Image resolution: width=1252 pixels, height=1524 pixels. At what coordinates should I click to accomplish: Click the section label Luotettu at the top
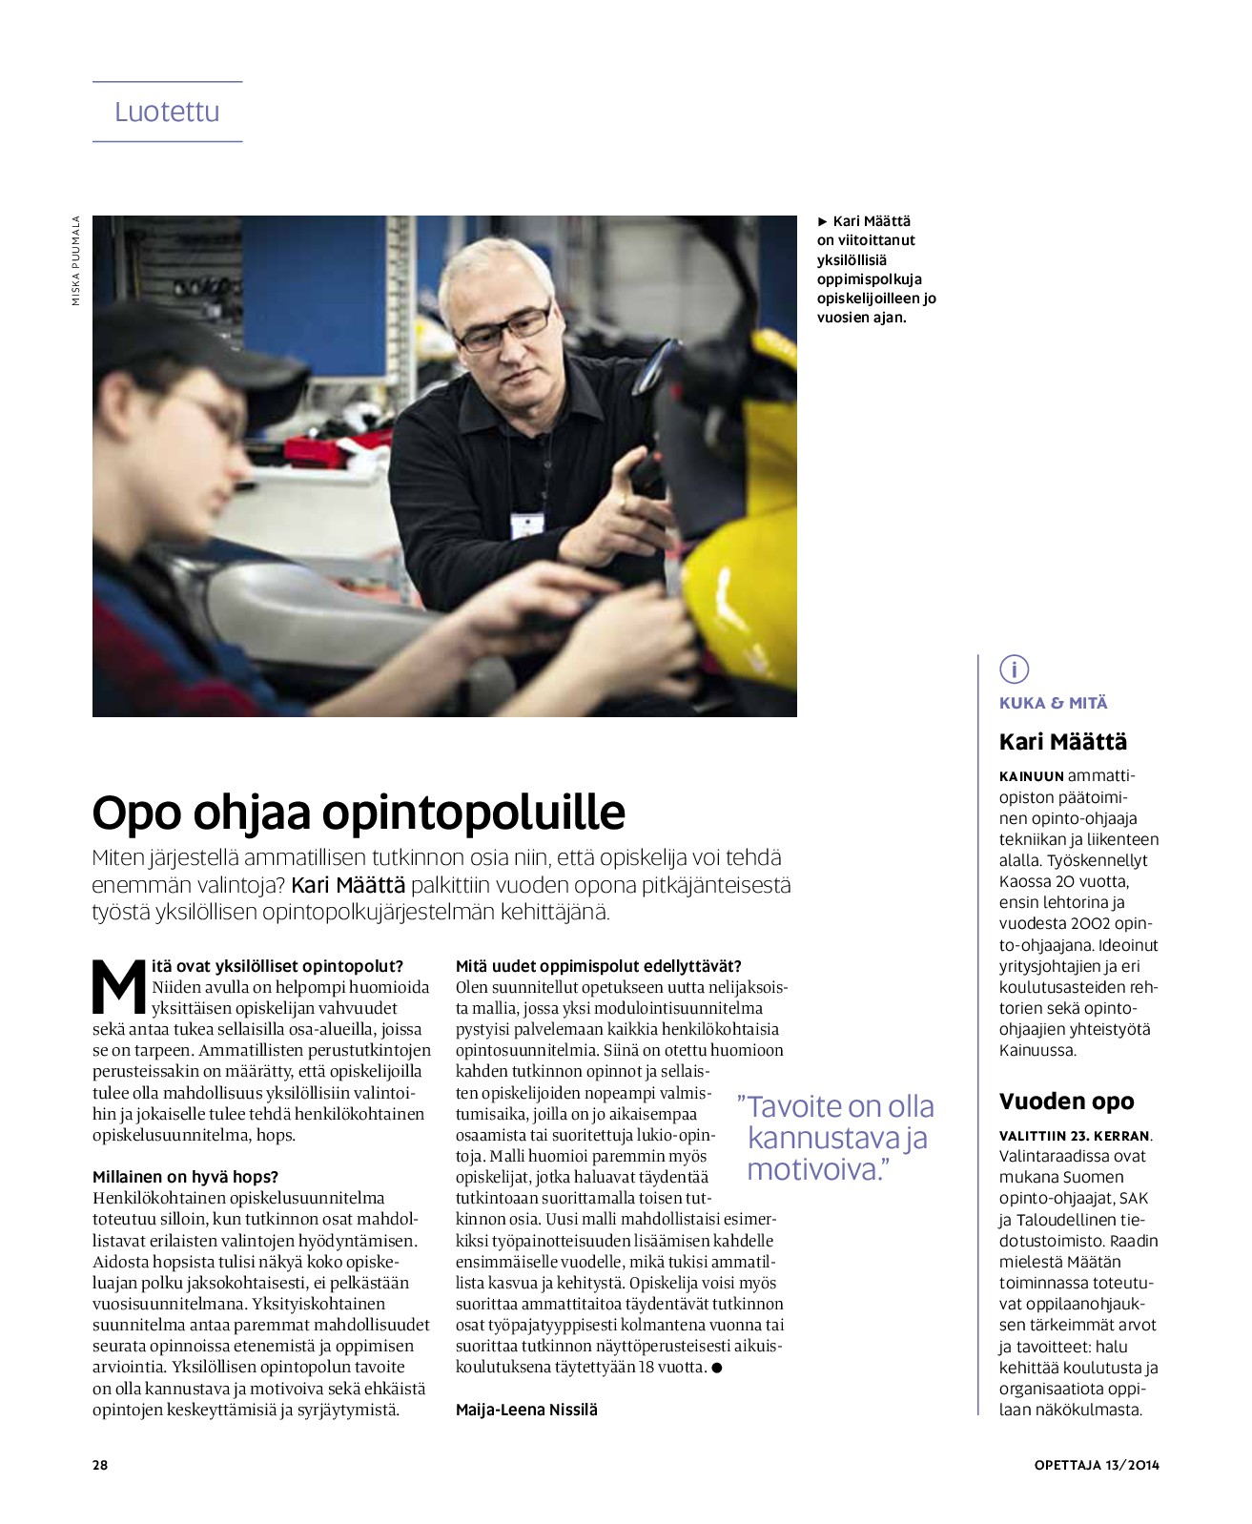click(167, 112)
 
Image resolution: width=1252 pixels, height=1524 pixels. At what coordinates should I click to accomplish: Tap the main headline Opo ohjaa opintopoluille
click(359, 813)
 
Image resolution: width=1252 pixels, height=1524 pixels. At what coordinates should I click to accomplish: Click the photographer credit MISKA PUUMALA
click(76, 260)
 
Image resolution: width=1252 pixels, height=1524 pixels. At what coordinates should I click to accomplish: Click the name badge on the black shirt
click(526, 525)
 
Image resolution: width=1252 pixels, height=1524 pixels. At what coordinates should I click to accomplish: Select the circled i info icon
click(1014, 669)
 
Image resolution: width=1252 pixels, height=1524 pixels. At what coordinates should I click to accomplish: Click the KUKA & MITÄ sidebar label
click(1053, 703)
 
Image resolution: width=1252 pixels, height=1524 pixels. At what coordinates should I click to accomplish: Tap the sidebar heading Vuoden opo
click(1066, 1102)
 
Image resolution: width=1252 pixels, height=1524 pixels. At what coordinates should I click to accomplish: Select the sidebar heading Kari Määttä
click(1062, 741)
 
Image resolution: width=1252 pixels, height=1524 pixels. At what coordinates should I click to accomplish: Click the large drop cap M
click(118, 988)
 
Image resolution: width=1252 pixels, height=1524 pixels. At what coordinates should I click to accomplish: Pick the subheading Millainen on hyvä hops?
click(185, 1177)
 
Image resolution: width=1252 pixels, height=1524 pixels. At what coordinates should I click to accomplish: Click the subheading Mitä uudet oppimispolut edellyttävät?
click(598, 966)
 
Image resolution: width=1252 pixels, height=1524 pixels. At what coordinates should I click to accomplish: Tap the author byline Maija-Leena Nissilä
click(526, 1410)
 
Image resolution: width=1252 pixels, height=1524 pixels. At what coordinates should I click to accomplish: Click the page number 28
click(100, 1465)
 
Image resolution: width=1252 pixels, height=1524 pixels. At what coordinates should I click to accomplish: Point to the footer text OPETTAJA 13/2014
click(1097, 1465)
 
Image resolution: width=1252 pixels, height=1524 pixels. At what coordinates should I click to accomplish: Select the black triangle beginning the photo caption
click(823, 221)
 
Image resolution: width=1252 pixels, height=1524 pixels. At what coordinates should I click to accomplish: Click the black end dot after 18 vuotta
click(717, 1368)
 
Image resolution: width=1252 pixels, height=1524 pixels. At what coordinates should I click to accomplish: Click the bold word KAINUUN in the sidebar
click(1031, 776)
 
